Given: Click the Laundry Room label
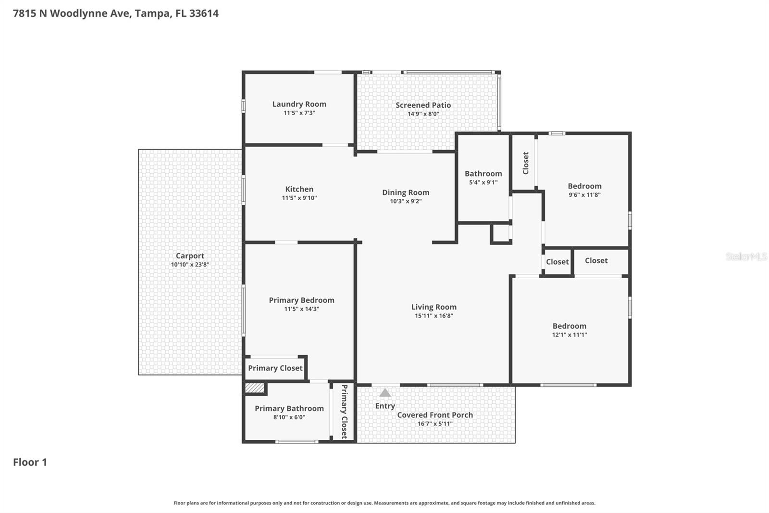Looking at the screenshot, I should coord(299,104).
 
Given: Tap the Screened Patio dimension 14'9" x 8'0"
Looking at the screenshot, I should coord(423,114).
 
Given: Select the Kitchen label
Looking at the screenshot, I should coord(299,189).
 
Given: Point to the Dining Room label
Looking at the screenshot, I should coord(406,192).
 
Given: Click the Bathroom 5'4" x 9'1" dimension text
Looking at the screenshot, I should coord(483,182).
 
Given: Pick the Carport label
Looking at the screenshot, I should coord(190,256).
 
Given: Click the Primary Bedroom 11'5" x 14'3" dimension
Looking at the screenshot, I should coord(301,309).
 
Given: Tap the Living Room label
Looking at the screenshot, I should coord(434,307).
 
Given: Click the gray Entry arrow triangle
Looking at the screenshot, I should coord(385,393).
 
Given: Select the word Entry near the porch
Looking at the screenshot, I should coord(385,406).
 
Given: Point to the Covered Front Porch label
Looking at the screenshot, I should coord(435,415).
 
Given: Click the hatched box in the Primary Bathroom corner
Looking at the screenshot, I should coord(255,388).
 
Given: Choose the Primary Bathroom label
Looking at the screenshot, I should coord(289,409).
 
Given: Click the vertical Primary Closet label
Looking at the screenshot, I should coord(344,411).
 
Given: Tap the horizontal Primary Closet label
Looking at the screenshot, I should coord(275,368).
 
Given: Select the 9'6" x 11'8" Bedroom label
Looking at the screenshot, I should coord(584,186).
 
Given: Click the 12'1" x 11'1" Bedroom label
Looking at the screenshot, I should coord(569,326).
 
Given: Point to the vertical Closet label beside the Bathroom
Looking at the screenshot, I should coord(525,163).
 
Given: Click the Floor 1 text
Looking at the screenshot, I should coord(30,462).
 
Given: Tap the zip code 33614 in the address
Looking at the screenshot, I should coord(204,13).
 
